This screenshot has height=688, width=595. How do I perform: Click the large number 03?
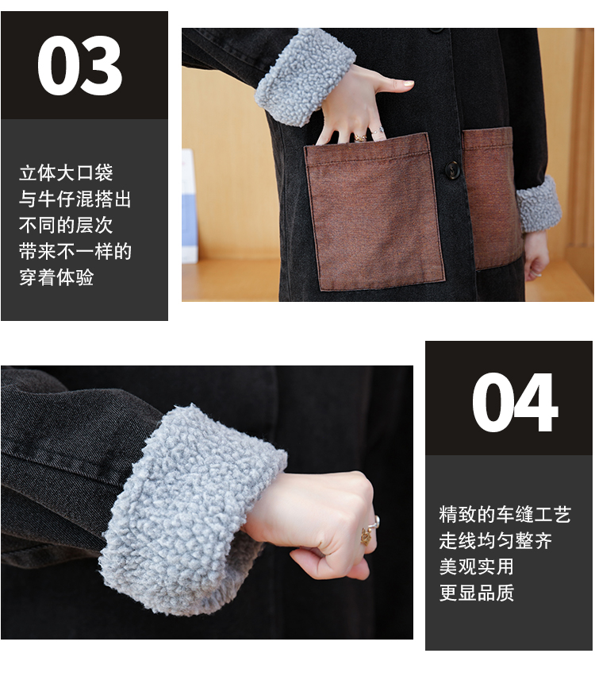click(79, 65)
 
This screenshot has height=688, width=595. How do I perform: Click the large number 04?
click(514, 402)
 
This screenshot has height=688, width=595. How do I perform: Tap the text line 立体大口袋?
click(66, 173)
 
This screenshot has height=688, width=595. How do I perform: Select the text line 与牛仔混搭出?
click(75, 199)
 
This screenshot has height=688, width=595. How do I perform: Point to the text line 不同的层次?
click(66, 225)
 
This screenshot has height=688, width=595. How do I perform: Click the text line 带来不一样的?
click(75, 251)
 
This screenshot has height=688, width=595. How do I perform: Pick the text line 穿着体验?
click(56, 277)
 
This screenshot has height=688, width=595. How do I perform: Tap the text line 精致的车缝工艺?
click(505, 514)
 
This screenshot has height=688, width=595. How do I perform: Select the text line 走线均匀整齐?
click(496, 540)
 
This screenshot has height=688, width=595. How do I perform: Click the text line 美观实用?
click(477, 566)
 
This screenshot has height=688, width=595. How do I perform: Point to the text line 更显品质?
click(477, 593)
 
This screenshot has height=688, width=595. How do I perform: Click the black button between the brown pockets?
click(451, 169)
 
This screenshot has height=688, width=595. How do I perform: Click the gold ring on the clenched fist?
click(367, 535)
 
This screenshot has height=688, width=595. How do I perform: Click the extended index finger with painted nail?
click(393, 84)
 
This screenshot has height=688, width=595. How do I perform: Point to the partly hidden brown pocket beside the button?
click(489, 198)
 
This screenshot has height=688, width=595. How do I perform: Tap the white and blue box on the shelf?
click(190, 207)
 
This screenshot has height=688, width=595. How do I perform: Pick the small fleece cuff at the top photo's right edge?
click(539, 204)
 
